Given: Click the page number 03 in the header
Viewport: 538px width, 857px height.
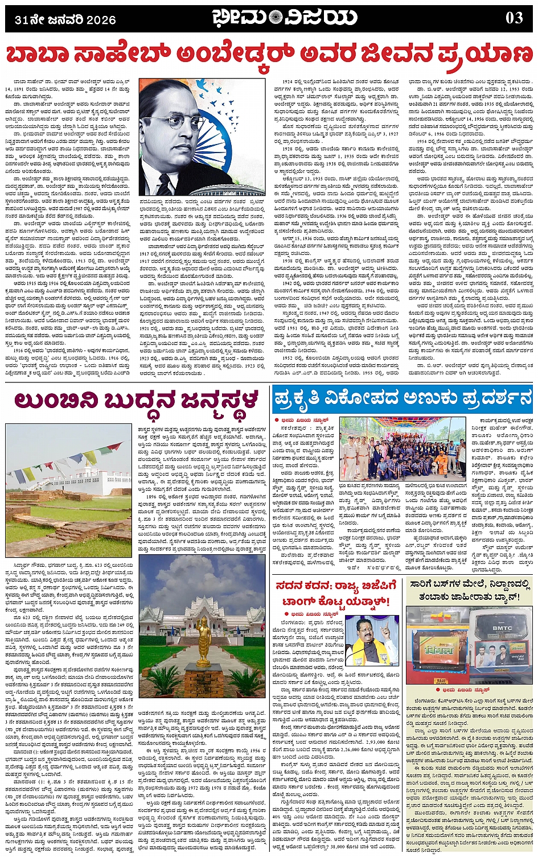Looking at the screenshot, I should click(514, 18).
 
